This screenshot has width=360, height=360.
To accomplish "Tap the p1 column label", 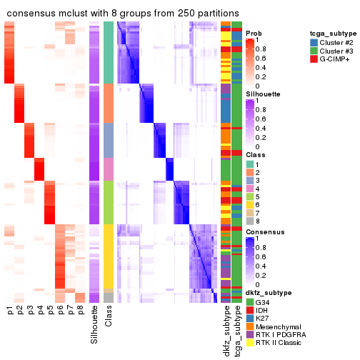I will coord(9,311).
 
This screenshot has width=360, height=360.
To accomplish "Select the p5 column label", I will coord(50,311).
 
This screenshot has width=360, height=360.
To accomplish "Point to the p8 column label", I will coord(81,311).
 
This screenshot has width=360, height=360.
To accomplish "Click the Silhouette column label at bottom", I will coord(94,326).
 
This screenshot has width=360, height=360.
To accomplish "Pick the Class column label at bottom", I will coord(109,318).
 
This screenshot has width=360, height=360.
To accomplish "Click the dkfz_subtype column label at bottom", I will coord(226,331).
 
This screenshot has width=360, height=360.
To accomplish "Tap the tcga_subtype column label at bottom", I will coord(236,330).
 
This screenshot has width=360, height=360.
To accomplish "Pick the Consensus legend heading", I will coord(264,233).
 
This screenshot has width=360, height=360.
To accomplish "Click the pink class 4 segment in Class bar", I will coord(109,169).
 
